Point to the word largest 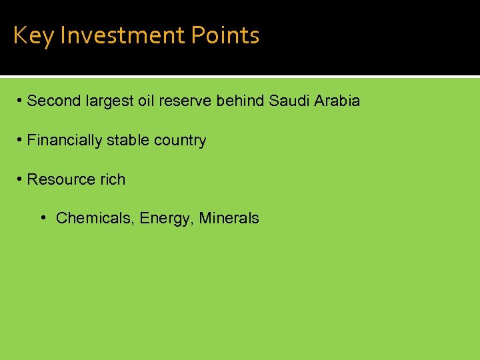pyautogui.click(x=110, y=101)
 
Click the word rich pyautogui.click(x=113, y=180)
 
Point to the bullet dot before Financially pyautogui.click(x=21, y=140)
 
